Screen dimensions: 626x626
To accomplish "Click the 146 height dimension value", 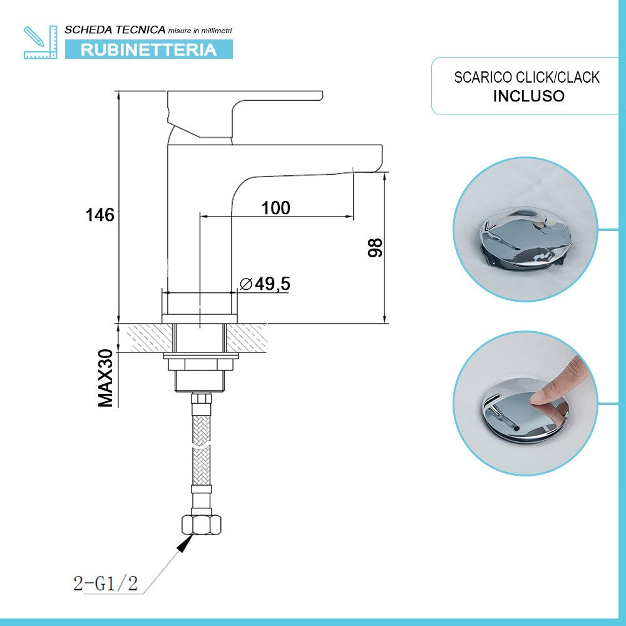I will pyautogui.click(x=100, y=215).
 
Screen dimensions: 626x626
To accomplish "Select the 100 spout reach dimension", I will pyautogui.click(x=276, y=208).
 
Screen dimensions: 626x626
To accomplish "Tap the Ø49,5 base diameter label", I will pyautogui.click(x=265, y=284).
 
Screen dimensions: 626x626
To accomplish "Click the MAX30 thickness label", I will pyautogui.click(x=106, y=379).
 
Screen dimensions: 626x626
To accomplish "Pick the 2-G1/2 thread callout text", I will pyautogui.click(x=105, y=584).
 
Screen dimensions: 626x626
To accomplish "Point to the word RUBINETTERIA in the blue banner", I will pyautogui.click(x=149, y=49).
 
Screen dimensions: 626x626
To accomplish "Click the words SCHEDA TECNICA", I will pyautogui.click(x=115, y=29).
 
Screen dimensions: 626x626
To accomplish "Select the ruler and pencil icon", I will pyautogui.click(x=39, y=42).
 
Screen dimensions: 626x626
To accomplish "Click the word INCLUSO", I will pyautogui.click(x=529, y=96).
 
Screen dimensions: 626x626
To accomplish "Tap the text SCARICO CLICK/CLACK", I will pyautogui.click(x=527, y=78).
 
